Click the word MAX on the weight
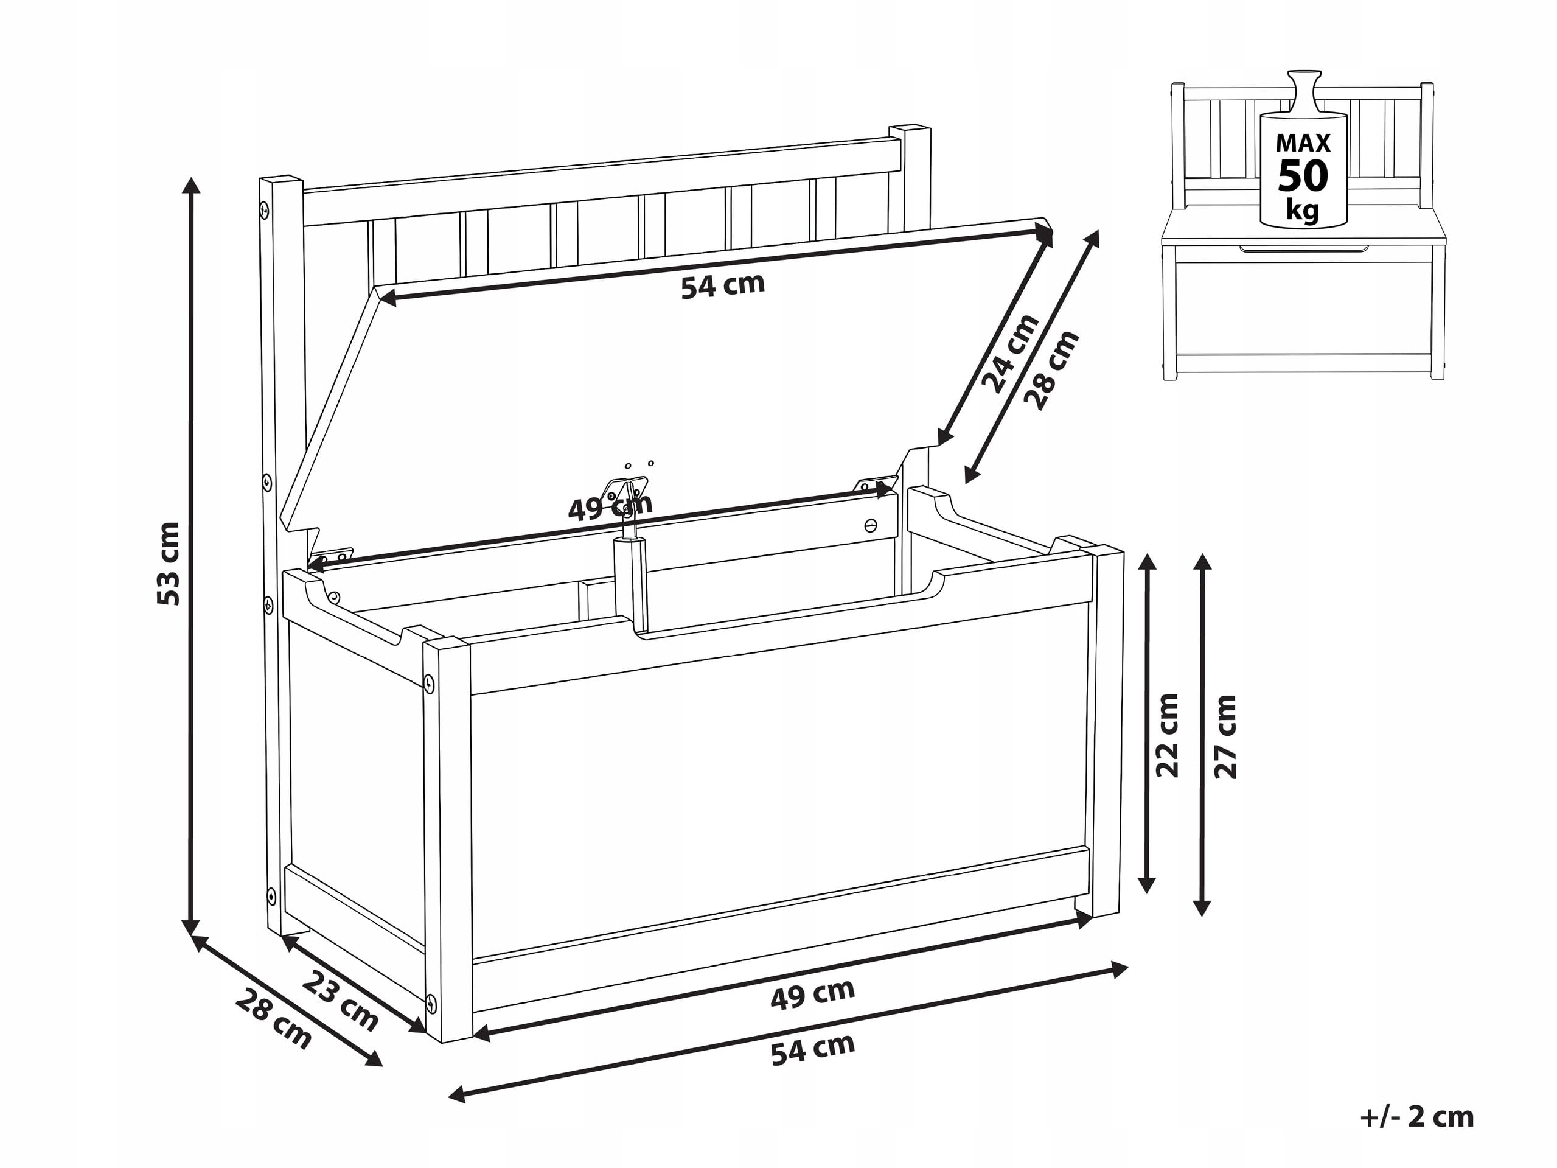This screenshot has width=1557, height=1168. tap(1303, 144)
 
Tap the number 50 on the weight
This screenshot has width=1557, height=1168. tap(1303, 176)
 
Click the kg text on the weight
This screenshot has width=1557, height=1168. tap(1303, 209)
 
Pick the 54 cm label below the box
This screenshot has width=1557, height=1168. tap(813, 1050)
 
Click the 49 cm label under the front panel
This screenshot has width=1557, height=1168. tap(813, 994)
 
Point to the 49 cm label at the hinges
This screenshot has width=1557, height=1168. tap(610, 507)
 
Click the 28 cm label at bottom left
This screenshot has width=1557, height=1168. tap(273, 1018)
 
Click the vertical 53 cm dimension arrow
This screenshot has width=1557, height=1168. tap(191, 556)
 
